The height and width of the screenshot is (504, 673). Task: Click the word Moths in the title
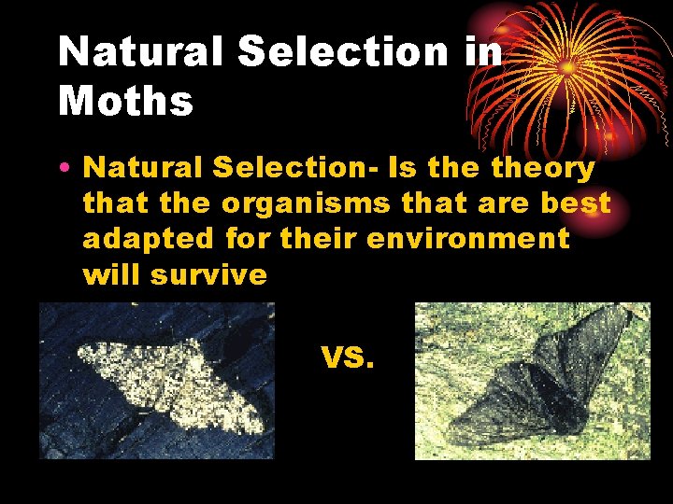[125, 101]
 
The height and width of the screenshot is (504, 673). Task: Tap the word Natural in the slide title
[139, 53]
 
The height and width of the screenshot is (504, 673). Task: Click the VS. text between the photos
[348, 357]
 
